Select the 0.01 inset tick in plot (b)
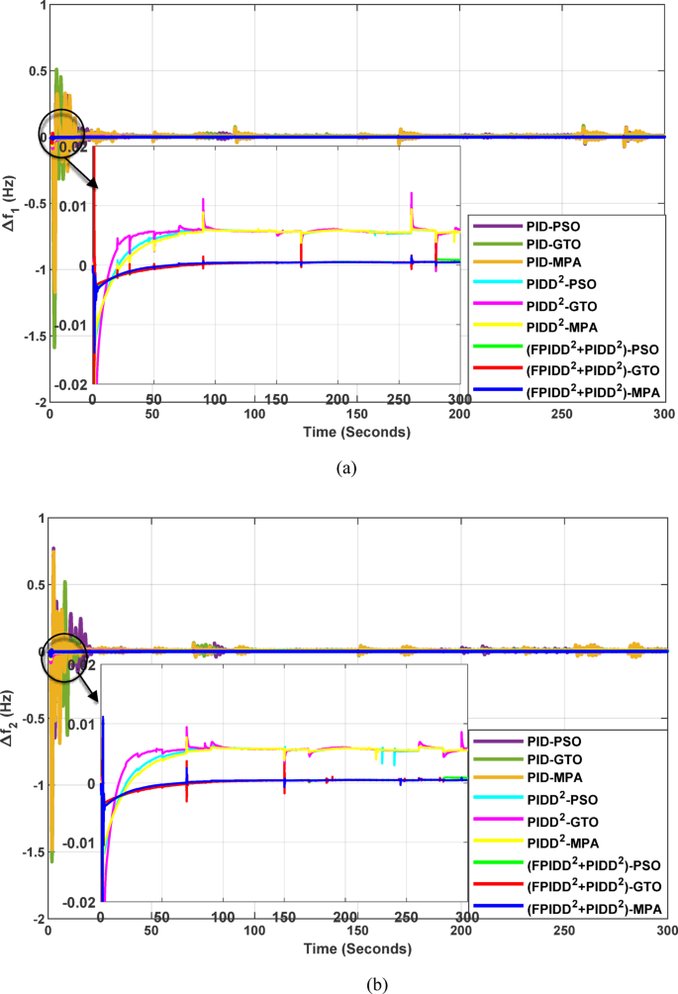(80, 725)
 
